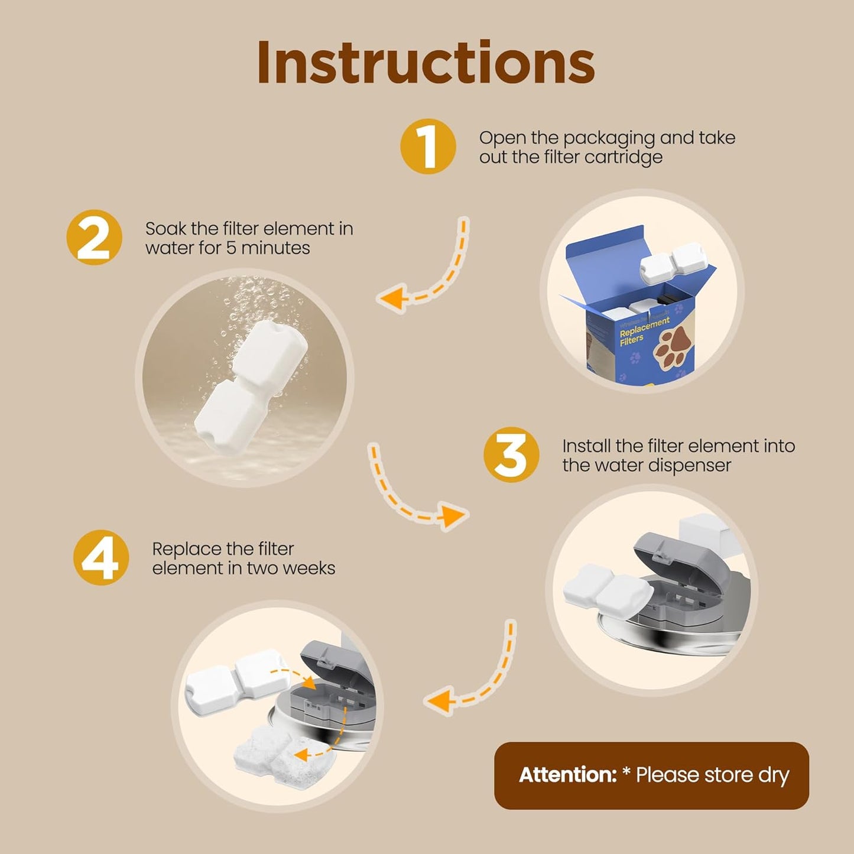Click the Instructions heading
(426, 63)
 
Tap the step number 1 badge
(428, 147)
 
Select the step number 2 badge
(94, 238)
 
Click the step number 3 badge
(511, 455)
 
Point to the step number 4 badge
(101, 557)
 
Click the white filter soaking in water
(251, 388)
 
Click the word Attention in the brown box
(567, 775)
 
